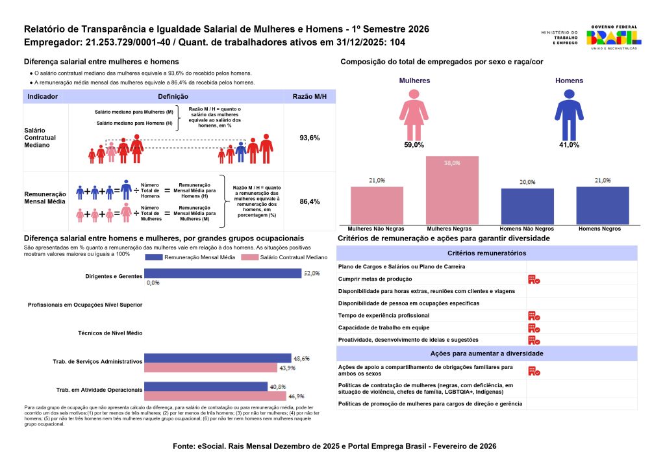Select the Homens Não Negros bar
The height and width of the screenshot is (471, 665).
pos(527,207)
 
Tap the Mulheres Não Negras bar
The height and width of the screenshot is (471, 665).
pos(377,205)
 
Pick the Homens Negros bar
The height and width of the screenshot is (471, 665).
pos(602,205)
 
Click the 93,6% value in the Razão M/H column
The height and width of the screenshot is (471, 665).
pos(309,138)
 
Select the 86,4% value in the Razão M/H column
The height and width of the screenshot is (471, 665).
pos(309,202)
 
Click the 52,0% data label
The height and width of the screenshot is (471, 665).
pos(312,274)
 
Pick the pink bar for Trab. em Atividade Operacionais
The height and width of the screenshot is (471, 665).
pos(215,396)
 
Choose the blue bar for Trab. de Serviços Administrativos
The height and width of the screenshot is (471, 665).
pos(218,358)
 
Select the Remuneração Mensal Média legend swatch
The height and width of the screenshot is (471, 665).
pos(153,258)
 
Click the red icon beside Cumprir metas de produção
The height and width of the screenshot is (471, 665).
pos(534,279)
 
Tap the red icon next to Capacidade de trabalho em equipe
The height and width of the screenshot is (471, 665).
pos(534,327)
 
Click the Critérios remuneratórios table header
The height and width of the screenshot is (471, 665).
pos(487,253)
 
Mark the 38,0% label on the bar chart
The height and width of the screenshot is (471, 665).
pos(452,163)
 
